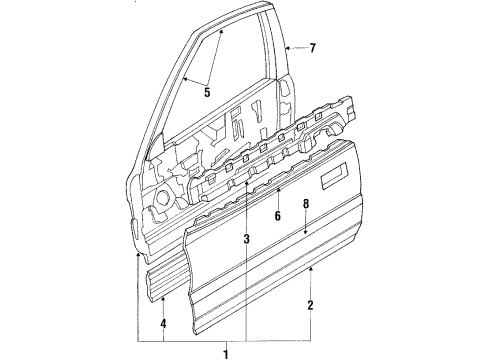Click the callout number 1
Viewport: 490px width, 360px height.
click(227, 352)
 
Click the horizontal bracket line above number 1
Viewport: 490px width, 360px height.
click(227, 340)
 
